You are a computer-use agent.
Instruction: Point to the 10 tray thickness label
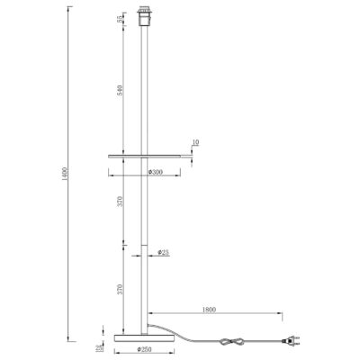[196, 142]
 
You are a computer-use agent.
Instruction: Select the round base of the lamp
[144, 337]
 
